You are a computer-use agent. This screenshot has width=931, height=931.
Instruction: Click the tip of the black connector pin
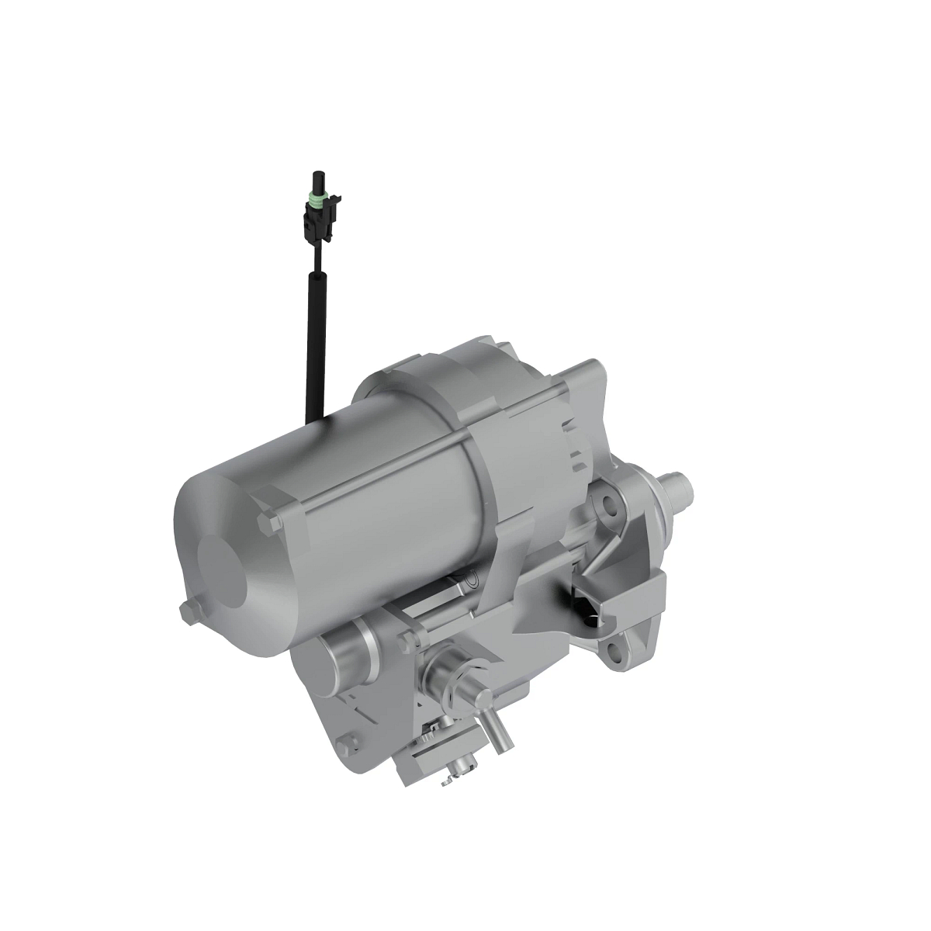[x=317, y=175]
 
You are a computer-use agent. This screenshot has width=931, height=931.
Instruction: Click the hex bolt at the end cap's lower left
[x=188, y=612]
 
